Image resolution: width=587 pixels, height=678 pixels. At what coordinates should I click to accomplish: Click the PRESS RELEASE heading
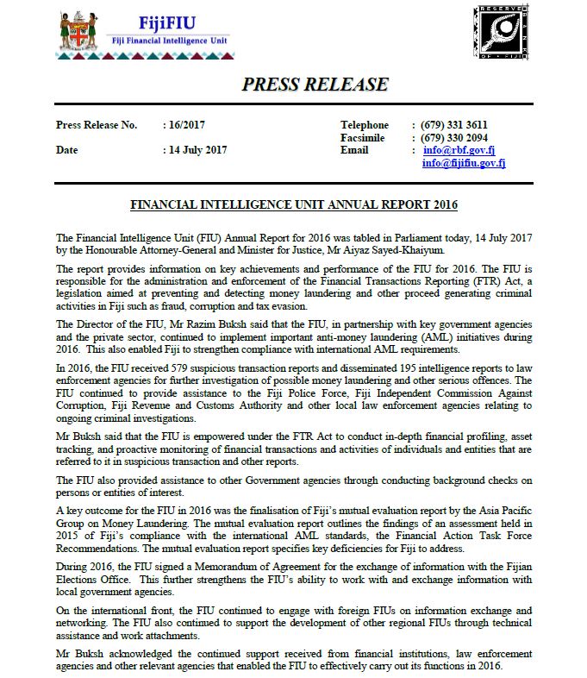[315, 85]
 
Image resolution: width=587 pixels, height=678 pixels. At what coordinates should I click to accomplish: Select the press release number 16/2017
[183, 125]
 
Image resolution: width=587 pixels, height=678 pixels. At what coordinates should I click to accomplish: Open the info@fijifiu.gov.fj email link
[464, 163]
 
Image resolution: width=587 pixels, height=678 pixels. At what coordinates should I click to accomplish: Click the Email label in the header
[354, 150]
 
